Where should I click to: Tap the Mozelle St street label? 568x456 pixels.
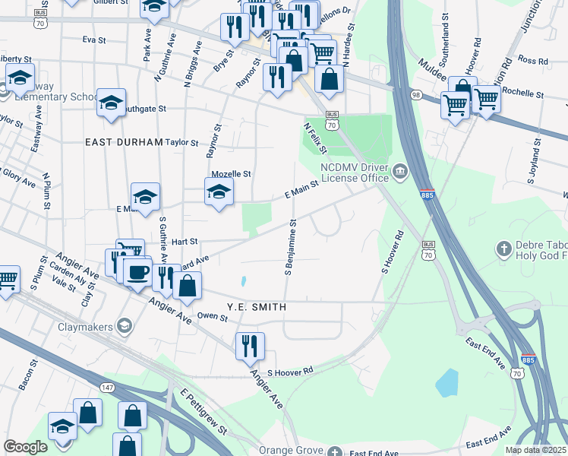[231, 174]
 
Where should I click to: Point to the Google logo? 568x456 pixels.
[26, 447]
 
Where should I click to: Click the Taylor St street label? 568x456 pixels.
[181, 142]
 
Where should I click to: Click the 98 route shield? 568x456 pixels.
[415, 94]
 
